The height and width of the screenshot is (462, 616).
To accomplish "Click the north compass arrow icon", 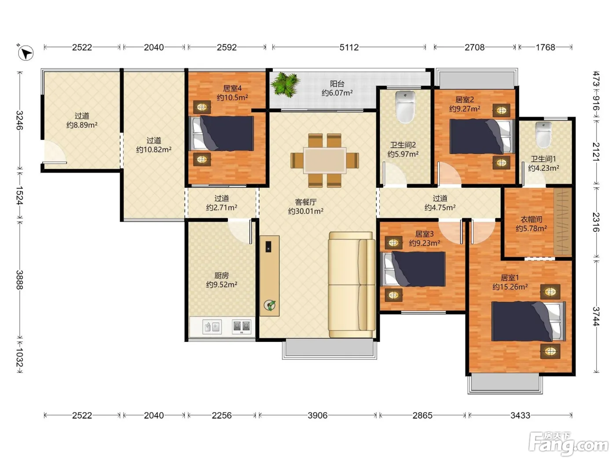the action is [x=26, y=53].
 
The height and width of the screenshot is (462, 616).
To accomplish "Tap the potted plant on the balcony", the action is [x=285, y=84].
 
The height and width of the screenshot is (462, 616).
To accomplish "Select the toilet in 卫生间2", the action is [x=405, y=107].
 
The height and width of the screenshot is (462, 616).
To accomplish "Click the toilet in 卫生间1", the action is [x=543, y=135].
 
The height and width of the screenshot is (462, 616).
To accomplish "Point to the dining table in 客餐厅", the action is [x=325, y=161].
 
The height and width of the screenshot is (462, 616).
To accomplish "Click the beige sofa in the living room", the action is [x=352, y=284].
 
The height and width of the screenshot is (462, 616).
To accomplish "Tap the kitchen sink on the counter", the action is [x=212, y=327].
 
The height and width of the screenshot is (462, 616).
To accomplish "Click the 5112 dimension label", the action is [x=349, y=47].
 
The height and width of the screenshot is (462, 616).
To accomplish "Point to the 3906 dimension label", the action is [x=317, y=415].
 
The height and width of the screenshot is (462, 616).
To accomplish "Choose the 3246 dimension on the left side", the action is [x=19, y=120].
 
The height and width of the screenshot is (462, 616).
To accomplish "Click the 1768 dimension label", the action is [x=545, y=47].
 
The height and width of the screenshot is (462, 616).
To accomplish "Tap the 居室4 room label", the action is [x=232, y=88].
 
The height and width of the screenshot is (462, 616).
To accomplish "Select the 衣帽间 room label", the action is [x=531, y=220].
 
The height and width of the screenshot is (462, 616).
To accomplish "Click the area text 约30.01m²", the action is [x=306, y=211].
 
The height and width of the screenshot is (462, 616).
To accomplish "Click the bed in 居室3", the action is [x=413, y=269].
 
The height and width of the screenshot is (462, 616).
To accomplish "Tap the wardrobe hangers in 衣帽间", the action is [x=563, y=222].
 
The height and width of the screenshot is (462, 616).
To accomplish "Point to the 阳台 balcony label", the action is [x=337, y=84].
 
